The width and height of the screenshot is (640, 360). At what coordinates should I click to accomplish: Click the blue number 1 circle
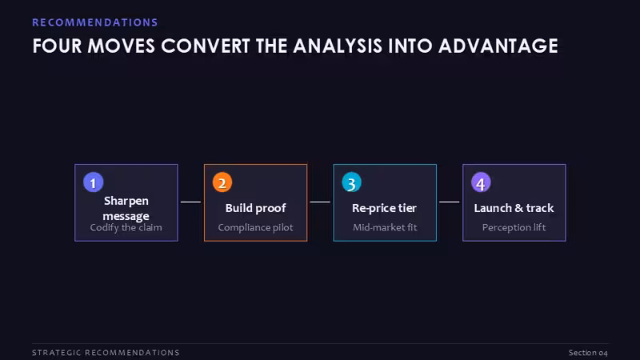click(93, 182)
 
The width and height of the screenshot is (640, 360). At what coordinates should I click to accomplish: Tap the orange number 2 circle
click(222, 182)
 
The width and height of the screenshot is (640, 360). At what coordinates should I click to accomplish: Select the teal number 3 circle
click(351, 182)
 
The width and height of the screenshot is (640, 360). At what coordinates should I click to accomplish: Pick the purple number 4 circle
click(481, 182)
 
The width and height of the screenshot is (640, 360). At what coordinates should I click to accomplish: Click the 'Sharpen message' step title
click(126, 208)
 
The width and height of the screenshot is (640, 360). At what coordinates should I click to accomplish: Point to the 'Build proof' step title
click(255, 208)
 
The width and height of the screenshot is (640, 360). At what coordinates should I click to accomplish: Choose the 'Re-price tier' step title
click(385, 208)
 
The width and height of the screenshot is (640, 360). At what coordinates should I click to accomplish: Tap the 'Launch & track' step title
click(514, 208)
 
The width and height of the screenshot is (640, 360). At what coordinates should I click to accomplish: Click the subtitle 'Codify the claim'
click(126, 228)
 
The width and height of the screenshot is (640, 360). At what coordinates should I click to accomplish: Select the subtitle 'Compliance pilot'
click(255, 228)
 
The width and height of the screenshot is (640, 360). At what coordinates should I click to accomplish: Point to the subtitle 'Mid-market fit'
click(385, 227)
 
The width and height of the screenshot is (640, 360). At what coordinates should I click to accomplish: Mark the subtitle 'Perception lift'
click(514, 228)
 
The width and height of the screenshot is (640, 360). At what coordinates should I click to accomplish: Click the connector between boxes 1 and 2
click(190, 202)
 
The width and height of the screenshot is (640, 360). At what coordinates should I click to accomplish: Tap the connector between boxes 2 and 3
click(320, 202)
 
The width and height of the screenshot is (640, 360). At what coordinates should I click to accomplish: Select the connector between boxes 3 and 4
click(450, 202)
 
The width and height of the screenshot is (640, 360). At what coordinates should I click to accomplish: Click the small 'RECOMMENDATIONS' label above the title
click(95, 22)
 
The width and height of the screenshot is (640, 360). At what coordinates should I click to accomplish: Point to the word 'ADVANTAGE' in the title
click(498, 46)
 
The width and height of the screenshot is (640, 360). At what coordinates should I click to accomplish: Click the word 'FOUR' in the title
click(57, 46)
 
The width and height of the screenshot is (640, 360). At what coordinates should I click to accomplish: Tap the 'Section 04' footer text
click(588, 353)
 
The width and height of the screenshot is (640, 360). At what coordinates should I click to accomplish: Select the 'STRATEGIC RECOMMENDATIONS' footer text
click(106, 353)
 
